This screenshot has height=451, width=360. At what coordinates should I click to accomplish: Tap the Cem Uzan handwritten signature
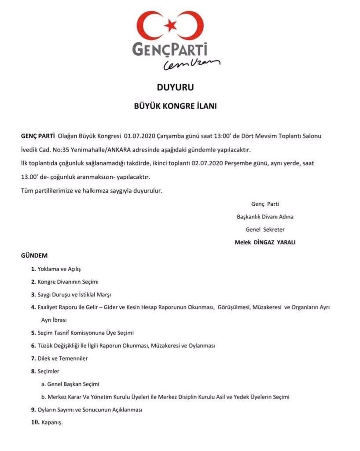[x=191, y=65]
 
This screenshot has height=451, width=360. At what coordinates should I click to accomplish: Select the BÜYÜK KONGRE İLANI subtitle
[x=175, y=106]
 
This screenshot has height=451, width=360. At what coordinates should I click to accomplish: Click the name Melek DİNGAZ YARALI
[x=265, y=242]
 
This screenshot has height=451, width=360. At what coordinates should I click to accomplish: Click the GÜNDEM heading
[x=34, y=255]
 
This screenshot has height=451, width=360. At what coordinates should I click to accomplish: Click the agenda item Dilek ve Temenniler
[x=62, y=359]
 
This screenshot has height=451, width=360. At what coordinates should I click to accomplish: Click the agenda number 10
[x=34, y=422]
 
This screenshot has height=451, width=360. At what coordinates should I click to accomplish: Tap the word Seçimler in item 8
[x=48, y=371]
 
